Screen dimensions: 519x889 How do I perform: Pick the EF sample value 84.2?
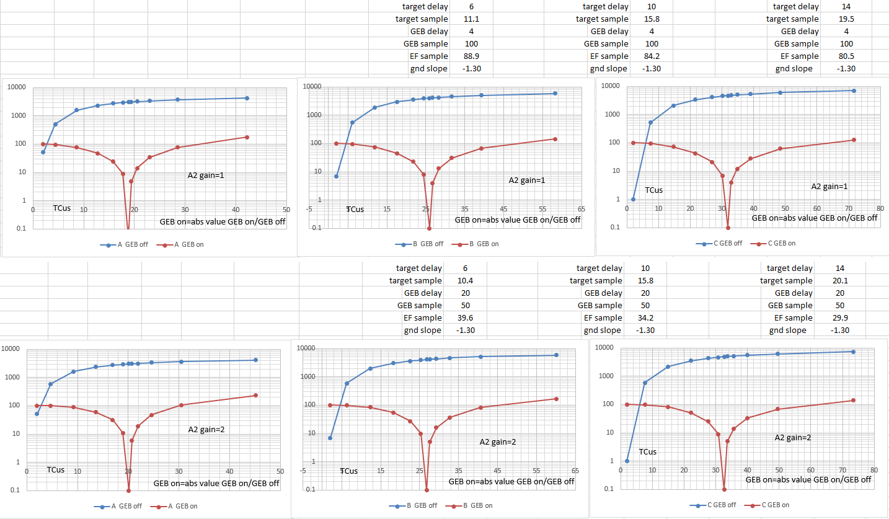tap(652, 56)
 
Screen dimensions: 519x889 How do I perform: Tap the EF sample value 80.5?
tap(841, 56)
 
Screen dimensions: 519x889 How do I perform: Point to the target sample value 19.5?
tap(841, 19)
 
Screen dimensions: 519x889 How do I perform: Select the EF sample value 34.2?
tap(645, 318)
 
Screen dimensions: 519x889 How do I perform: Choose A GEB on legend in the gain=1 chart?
tap(184, 244)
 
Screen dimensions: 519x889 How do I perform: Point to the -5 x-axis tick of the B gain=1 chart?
tap(309, 209)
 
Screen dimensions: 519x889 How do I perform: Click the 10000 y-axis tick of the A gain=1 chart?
tap(16, 87)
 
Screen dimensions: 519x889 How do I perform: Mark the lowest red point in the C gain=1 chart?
tap(728, 228)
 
